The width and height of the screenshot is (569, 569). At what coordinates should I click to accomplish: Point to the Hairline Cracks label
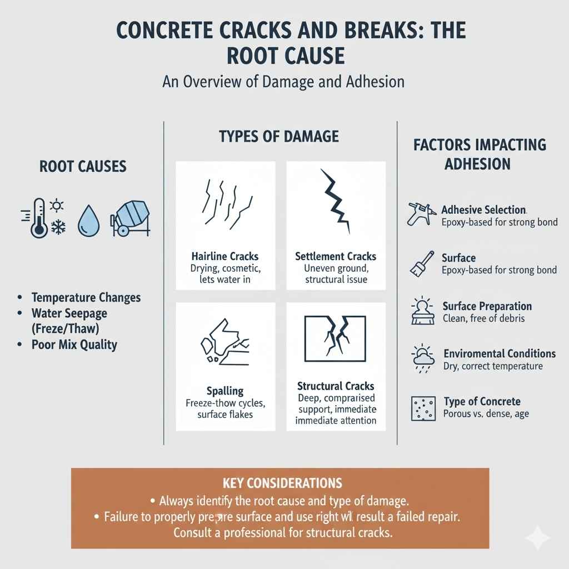pos(224,257)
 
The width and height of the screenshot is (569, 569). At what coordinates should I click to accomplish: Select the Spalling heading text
pos(225,391)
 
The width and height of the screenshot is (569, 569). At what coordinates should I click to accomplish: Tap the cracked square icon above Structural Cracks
pos(335,337)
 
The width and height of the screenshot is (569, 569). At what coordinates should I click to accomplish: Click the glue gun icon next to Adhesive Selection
pos(420,214)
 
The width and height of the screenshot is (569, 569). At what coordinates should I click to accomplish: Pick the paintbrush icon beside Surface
pos(421,263)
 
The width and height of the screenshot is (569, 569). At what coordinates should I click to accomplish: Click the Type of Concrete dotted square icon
pos(421,408)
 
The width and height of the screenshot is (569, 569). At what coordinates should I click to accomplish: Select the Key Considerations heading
pos(281,482)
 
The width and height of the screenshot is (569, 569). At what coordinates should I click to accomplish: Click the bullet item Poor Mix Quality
pos(74,345)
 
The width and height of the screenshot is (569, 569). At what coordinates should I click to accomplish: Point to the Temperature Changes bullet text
pos(86,297)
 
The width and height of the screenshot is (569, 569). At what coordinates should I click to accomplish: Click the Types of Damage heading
pos(279,136)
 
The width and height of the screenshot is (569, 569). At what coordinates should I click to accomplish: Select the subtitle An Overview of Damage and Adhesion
pos(283,82)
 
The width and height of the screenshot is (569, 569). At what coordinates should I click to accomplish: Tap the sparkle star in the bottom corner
pos(538,538)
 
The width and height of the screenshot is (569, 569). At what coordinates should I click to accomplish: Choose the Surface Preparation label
pos(487,306)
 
